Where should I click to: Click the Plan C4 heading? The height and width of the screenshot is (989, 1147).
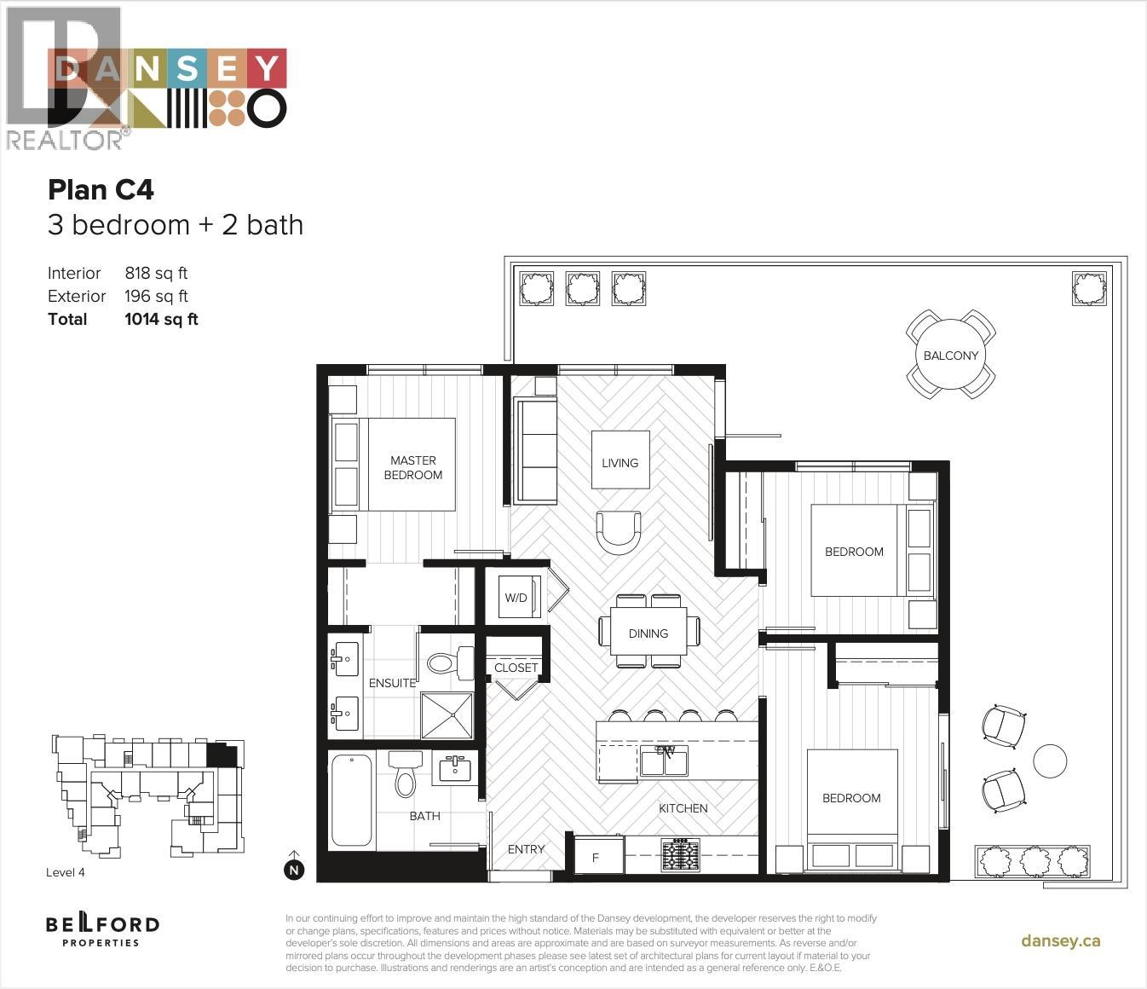pos(101,189)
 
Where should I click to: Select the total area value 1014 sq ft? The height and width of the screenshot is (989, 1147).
pos(161,319)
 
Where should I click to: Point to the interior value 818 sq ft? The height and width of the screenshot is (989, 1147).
pos(156,273)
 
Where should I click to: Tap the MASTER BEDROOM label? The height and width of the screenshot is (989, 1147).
pos(412,467)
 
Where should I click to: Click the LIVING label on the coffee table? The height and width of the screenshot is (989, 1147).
pos(620,463)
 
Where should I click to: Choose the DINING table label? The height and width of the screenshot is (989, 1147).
pos(648,633)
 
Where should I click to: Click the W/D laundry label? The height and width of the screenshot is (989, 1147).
pos(516,598)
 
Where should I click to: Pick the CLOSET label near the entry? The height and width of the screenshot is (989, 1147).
pos(516,668)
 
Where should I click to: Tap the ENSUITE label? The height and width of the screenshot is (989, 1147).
pos(392,683)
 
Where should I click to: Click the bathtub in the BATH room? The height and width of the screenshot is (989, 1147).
pos(351,801)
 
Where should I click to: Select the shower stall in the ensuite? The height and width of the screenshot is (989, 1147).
pos(447,716)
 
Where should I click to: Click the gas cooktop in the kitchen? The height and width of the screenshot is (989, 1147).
pos(680,855)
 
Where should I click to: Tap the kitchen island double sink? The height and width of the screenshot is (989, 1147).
pos(664,761)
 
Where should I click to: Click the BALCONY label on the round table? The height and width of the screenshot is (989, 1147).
pos(951,356)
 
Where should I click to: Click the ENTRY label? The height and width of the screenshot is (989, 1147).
pos(526,849)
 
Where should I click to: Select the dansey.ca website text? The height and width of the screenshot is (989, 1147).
pos(1060,941)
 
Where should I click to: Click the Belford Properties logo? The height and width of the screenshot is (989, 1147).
pos(102,930)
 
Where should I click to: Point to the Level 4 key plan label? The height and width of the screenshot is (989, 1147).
pos(66,872)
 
